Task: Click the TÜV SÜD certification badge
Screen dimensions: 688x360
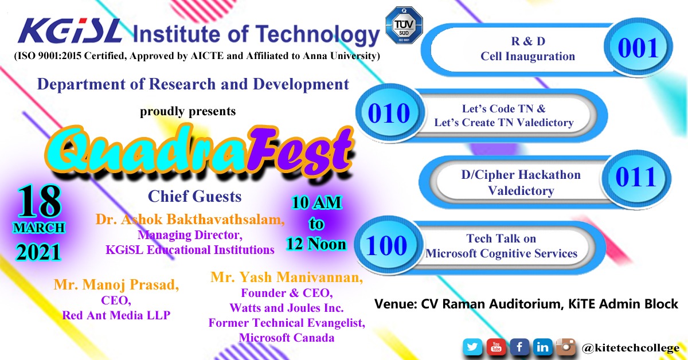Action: tap(404, 25)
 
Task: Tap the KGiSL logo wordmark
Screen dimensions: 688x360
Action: tap(70, 31)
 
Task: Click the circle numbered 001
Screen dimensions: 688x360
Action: tap(638, 48)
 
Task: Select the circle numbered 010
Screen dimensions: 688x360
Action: tap(389, 113)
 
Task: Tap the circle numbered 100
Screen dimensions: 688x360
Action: tap(386, 245)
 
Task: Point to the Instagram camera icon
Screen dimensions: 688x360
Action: tap(566, 347)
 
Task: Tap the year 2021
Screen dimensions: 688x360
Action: tap(39, 252)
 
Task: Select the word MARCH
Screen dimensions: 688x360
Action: tap(39, 228)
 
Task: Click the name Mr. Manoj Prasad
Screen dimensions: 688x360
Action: tap(116, 284)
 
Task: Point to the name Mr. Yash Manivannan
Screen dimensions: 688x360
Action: tap(287, 277)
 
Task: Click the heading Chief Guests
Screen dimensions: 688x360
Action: tap(195, 196)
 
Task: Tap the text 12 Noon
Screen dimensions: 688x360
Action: tap(316, 244)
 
